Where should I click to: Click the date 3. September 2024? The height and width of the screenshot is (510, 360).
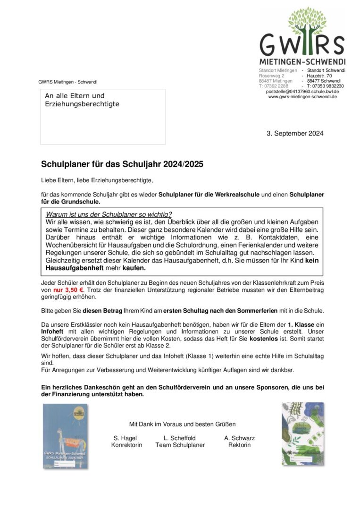coord(295,133)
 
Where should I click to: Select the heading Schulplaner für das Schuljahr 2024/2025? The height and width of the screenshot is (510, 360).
coord(123,164)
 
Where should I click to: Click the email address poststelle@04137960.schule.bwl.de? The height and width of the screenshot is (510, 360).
coord(302,92)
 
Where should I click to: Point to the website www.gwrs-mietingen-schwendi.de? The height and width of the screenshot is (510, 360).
coord(302,97)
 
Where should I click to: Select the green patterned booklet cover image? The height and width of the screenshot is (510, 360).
coord(303,433)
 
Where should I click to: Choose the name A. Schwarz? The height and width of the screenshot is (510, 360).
coord(239,438)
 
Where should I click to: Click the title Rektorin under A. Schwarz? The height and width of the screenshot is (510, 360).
coord(239,445)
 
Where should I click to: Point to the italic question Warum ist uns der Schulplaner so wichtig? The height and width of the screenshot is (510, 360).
coord(109,214)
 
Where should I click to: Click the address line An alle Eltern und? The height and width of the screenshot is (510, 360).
coord(75,96)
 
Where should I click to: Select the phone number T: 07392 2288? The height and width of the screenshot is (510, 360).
coord(273,86)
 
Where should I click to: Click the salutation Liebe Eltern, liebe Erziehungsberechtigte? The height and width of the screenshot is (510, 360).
coord(97,180)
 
